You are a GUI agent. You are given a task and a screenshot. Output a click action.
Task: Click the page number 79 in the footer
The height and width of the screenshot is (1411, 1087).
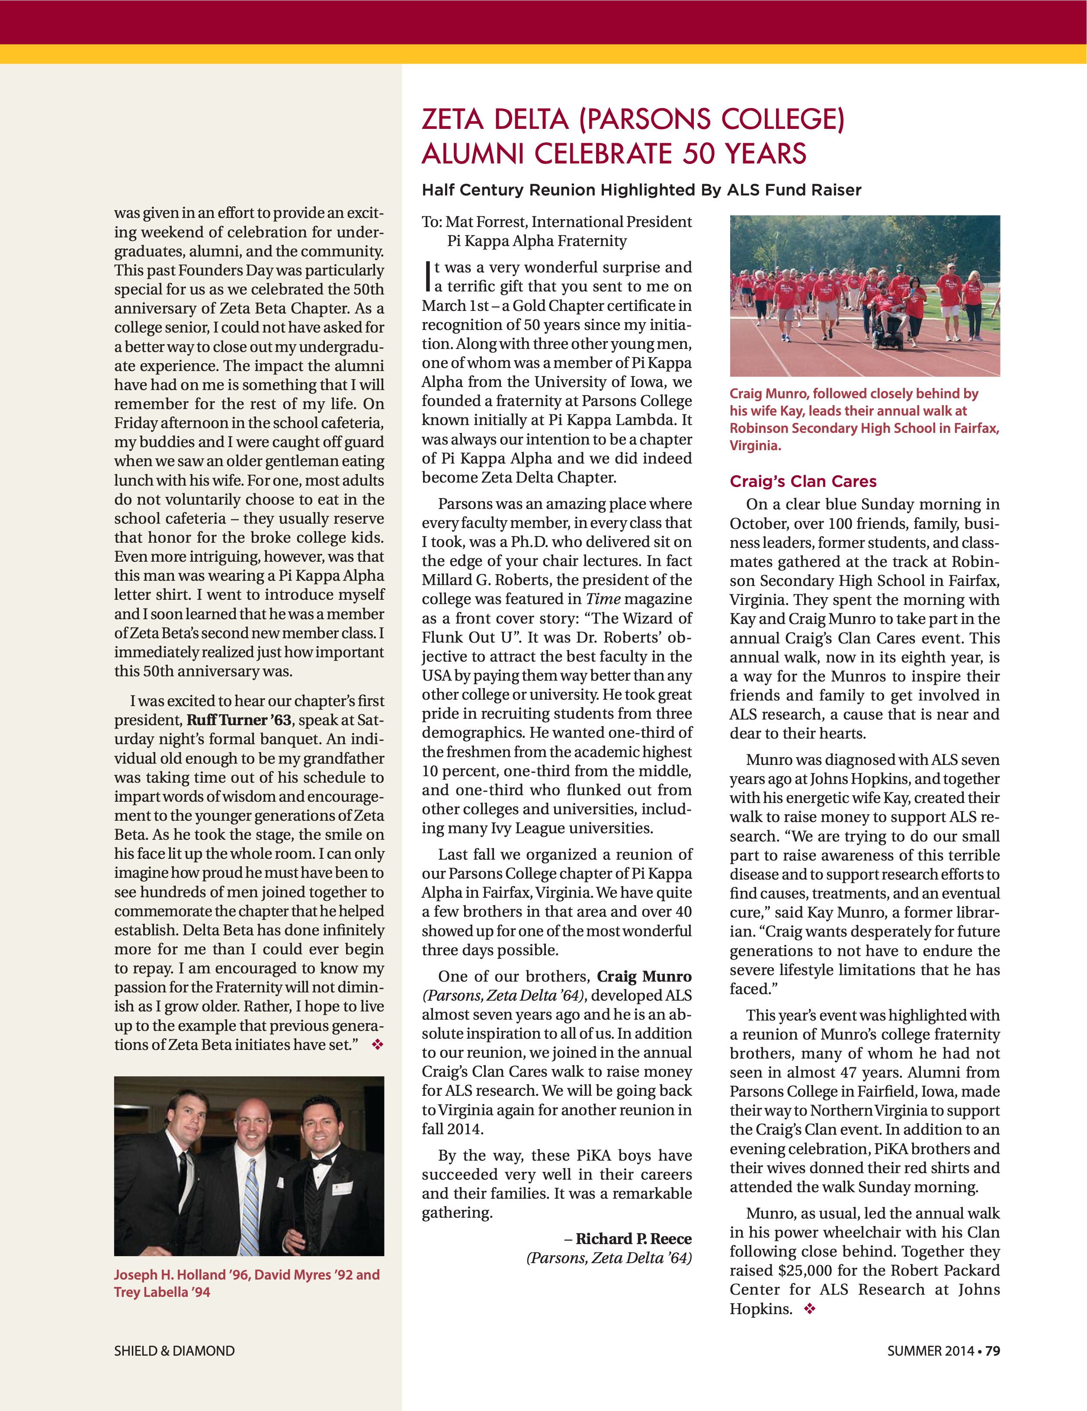coord(993,1351)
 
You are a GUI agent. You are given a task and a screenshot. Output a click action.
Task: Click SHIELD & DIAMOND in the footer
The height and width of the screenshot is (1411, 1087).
coord(174,1351)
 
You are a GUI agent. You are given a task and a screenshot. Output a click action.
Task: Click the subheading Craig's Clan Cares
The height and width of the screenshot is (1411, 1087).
coord(803,481)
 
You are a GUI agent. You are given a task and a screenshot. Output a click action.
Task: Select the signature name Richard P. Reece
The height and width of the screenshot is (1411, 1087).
coord(633,1238)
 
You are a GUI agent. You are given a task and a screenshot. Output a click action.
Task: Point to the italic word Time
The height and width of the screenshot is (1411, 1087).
coord(603,599)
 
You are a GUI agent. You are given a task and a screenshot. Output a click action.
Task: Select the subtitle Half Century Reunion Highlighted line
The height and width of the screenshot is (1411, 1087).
coord(641,190)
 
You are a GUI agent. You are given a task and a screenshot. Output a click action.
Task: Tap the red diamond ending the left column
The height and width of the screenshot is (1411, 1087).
coord(378,1045)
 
